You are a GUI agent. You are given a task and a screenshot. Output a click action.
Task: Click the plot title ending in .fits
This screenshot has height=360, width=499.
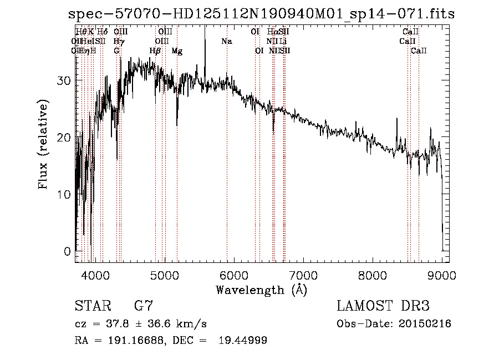[x=261, y=14]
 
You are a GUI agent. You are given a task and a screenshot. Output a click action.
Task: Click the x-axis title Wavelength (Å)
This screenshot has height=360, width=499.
[x=261, y=290]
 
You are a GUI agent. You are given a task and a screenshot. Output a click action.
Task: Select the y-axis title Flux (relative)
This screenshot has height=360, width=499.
[x=43, y=144]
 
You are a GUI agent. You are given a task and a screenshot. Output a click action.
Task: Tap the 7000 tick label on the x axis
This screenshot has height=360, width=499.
[x=303, y=275]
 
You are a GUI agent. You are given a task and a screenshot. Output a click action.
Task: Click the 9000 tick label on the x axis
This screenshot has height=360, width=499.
[x=442, y=275]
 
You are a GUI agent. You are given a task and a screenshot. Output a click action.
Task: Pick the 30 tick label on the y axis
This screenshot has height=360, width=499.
[x=64, y=80]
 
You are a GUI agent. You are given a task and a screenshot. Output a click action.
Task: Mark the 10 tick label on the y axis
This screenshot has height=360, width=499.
[x=64, y=195]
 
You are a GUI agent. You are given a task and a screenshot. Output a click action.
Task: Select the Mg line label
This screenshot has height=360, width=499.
[x=177, y=51]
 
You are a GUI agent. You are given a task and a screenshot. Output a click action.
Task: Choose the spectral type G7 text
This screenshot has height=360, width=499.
[x=143, y=306]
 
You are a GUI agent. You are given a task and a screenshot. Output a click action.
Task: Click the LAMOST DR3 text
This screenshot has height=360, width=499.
[x=383, y=306]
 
